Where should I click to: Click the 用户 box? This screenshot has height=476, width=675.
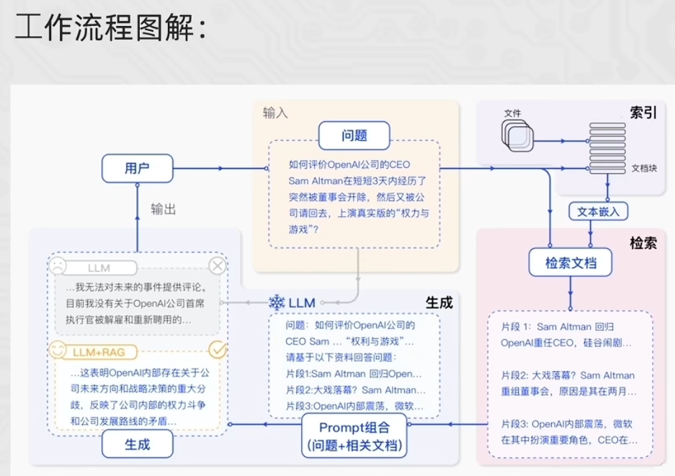coord(138,168)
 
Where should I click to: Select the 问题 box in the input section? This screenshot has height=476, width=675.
coord(354,136)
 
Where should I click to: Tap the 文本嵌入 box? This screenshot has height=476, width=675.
coord(598,212)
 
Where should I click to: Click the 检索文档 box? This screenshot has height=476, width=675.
coord(571,262)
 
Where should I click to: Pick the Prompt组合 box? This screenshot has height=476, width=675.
coord(354,436)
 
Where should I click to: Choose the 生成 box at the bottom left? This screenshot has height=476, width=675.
coord(138,444)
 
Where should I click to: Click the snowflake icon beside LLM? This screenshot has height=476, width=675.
coord(277,303)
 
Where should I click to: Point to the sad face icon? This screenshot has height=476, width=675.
coord(57,265)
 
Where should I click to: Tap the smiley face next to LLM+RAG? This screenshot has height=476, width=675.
coord(57,350)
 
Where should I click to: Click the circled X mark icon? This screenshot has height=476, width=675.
coord(218,265)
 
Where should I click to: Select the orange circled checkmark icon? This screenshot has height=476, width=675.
coord(218,350)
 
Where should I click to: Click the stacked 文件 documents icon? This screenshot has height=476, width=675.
coord(517,136)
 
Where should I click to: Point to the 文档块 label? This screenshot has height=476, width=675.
coord(644,168)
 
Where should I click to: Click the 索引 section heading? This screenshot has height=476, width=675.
coord(643,113)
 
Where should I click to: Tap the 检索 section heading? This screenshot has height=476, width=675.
coord(643,243)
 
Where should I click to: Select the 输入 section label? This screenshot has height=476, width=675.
coord(275,113)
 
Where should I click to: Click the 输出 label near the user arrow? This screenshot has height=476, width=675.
coord(163,210)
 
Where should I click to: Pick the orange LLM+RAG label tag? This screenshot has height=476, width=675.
coord(99,352)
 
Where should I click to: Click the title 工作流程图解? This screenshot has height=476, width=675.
coord(111,27)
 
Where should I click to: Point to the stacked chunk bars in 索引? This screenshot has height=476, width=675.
coord(607,149)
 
